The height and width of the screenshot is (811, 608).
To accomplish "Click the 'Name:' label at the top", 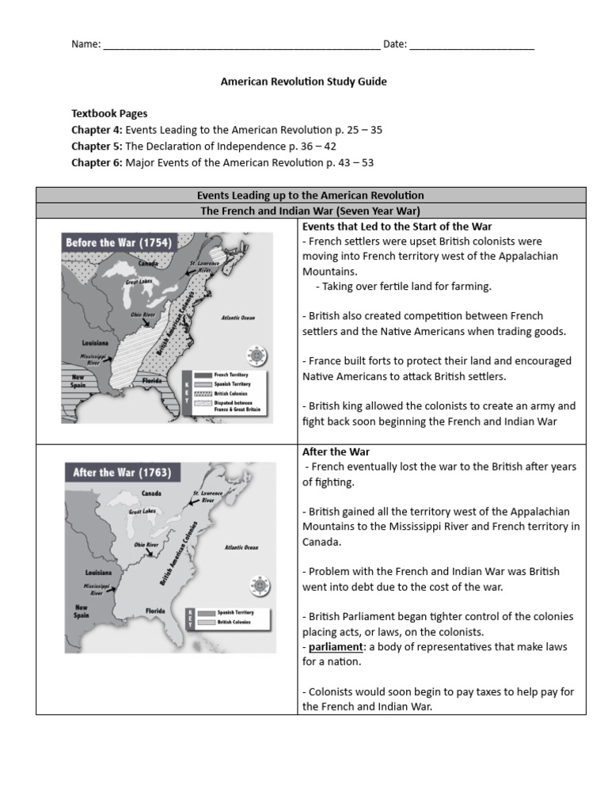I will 86,44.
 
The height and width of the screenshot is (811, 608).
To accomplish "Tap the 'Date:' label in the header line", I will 395,44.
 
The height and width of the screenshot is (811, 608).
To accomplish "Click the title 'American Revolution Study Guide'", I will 303,82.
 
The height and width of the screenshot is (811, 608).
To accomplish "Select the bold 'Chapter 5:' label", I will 96,147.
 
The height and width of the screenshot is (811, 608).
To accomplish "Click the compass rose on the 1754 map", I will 258,354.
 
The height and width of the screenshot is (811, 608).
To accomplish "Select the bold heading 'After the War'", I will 336,451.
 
